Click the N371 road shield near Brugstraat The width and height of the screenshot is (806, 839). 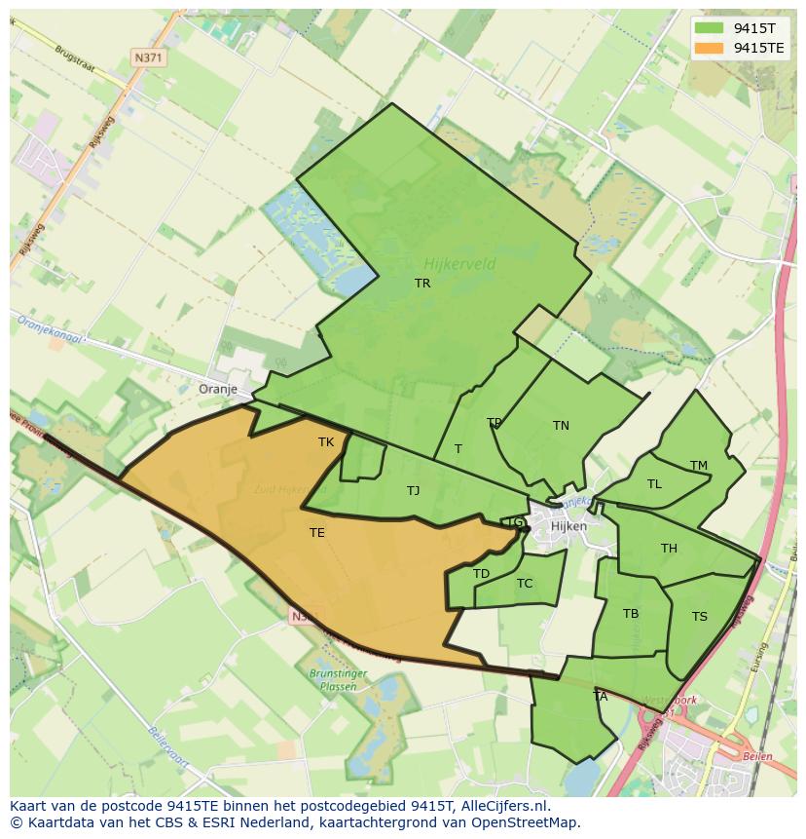tap(149, 57)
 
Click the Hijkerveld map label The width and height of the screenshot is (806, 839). tap(459, 263)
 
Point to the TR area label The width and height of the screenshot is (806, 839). tap(422, 284)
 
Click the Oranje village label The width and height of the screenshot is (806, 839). tap(218, 389)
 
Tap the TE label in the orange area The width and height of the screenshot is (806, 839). tap(317, 533)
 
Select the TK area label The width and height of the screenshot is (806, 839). tap(326, 442)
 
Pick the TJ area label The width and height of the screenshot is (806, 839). tap(414, 491)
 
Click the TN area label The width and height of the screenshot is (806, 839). tap(561, 426)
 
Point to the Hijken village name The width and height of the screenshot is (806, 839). tap(568, 526)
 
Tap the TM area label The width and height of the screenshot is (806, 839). tap(699, 466)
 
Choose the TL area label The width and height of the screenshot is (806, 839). tap(654, 484)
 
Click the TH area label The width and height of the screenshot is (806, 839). tap(669, 549)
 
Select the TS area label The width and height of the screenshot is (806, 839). tap(700, 617)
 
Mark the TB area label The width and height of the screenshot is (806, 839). tap(631, 614)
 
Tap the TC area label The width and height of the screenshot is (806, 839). tap(525, 584)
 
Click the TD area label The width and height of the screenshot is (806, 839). tap(481, 574)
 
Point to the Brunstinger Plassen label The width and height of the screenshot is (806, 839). tap(339, 679)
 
